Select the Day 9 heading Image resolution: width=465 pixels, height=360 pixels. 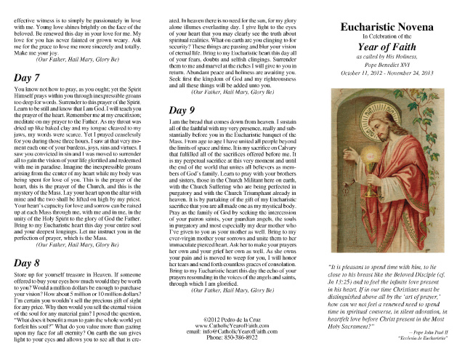coord(184,109)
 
